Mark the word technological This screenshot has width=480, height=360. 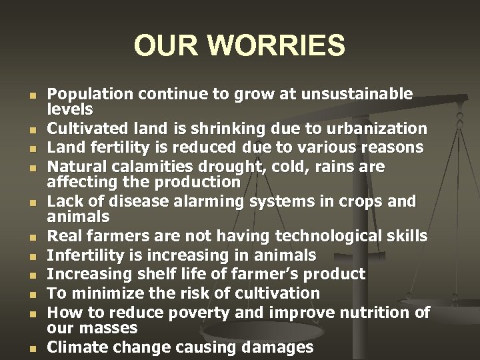coord(317,237)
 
